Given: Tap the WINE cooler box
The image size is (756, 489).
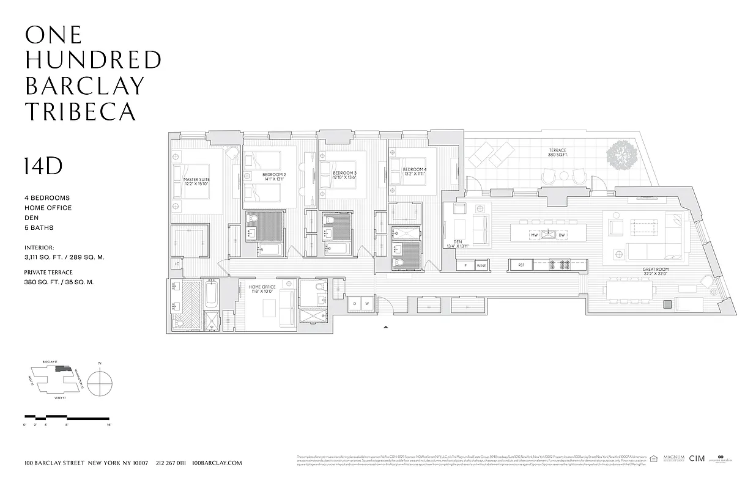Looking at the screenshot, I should (x=481, y=265).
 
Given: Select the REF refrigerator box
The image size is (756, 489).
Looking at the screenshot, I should (x=521, y=265).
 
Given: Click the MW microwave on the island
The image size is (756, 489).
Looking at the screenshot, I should (x=534, y=235).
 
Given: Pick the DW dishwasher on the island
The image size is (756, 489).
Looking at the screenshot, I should (x=561, y=235).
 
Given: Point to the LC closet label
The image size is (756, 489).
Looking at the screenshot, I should (x=177, y=264).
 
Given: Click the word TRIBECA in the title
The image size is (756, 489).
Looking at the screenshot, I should (x=80, y=111).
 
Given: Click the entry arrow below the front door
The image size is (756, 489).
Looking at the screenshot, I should (x=385, y=328).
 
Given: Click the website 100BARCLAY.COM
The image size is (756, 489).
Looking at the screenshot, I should (x=217, y=463).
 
